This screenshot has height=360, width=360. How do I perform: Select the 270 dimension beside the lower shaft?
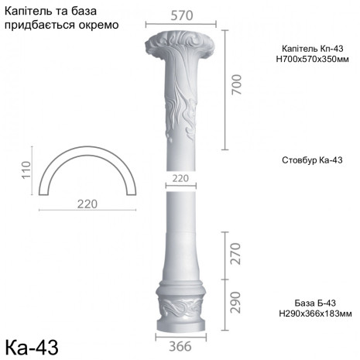(x=235, y=253)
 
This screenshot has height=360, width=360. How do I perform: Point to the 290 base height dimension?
(x=235, y=301)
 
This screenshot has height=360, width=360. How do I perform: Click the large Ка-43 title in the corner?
(x=32, y=344)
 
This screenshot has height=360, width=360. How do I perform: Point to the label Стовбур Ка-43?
(x=313, y=160)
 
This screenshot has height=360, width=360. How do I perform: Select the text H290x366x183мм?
(x=314, y=314)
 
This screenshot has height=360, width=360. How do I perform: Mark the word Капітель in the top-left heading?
(x=30, y=10)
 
